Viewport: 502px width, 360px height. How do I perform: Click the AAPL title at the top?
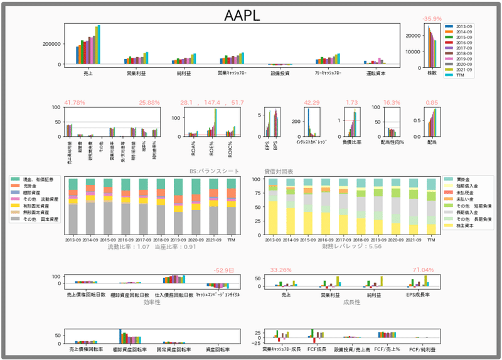[x=242, y=16]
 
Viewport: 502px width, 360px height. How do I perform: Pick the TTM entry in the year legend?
[x=462, y=75]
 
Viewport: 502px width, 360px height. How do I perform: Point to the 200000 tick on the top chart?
[x=52, y=44]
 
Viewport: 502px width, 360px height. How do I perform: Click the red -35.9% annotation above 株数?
[x=432, y=19]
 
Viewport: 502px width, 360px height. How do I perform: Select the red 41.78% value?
[x=75, y=102]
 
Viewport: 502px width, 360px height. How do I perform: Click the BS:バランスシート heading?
[x=215, y=171]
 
